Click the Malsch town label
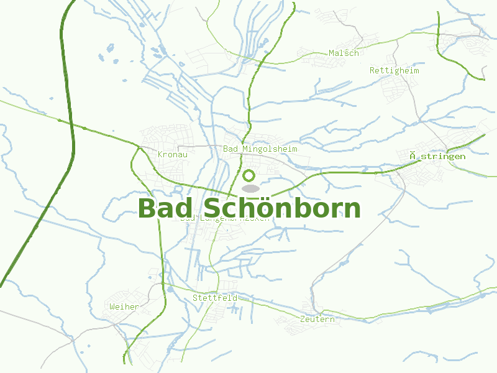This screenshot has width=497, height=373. coord(344,53)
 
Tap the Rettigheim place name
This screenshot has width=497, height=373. coord(394,70)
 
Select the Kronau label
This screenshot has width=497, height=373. coord(173,154)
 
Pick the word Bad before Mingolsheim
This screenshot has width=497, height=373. coord(230,149)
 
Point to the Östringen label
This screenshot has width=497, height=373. coord(437,156)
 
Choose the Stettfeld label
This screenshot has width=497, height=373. coord(214,298)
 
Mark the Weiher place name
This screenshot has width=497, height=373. coord(124,306)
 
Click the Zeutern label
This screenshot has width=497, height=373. coord(317,319)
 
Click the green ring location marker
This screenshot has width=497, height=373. coord(250,176)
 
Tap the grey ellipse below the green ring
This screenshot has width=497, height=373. coord(250,188)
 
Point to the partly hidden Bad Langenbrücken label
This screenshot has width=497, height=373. coord(225,219)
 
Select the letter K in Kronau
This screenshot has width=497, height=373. coord(161,154)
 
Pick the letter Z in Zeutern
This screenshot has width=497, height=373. coord(302,319)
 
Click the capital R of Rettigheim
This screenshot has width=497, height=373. coord(372,70)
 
